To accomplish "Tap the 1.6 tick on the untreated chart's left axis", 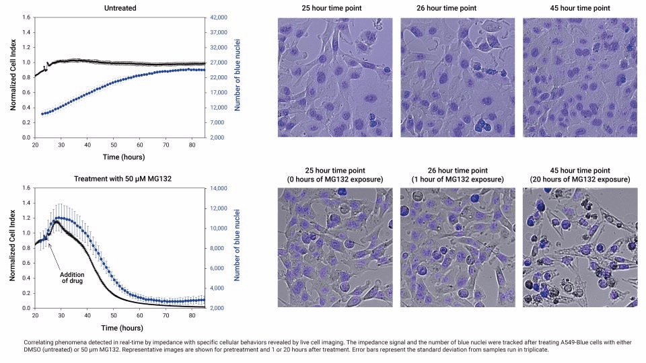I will tap(26, 17).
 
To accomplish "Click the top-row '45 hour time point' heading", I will tap(579, 7).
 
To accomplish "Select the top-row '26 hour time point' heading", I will tap(458, 7).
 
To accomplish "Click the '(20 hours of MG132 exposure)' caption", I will tap(579, 179).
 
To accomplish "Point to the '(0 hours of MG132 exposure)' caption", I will tap(335, 179).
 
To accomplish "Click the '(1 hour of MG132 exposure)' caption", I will tap(458, 179).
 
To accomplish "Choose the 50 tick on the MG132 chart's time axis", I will tap(113, 315).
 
